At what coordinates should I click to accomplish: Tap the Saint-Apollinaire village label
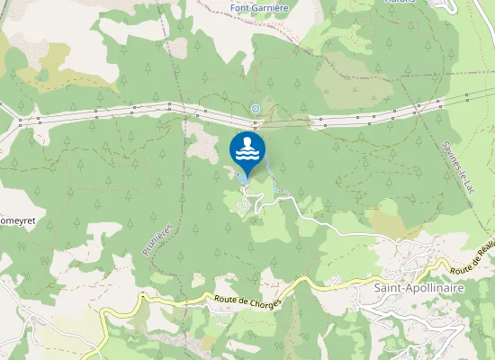418,288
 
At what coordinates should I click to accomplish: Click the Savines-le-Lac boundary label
459,167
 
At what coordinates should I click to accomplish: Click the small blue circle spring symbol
256,110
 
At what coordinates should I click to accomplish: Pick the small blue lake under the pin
243,177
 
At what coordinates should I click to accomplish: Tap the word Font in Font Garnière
239,8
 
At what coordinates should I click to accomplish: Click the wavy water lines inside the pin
247,156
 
